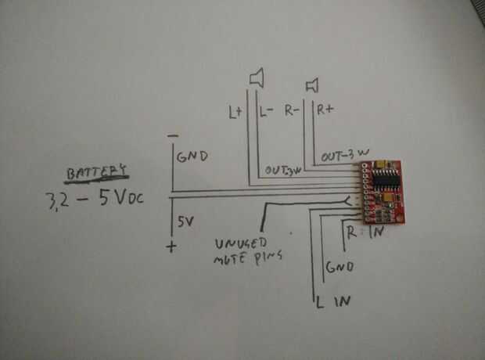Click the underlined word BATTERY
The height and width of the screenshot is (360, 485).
pos(96,171)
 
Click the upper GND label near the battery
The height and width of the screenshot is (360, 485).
pos(192,157)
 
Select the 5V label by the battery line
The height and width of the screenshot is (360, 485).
pos(185,222)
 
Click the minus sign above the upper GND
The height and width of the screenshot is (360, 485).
pos(172,136)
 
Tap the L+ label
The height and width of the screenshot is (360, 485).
pos(235,113)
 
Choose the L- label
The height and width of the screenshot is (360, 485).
pos(265,112)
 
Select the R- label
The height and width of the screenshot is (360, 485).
pos(294,111)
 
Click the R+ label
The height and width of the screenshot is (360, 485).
pos(325,110)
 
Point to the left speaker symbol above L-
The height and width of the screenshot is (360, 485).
pos(257,77)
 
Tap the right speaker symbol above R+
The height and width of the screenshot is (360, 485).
pos(312,83)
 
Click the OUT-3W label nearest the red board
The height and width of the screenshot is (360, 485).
pos(342,156)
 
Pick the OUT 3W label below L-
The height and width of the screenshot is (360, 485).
pos(282,171)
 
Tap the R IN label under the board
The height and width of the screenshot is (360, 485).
pos(365,232)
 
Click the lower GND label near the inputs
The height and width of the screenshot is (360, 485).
pos(341,267)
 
